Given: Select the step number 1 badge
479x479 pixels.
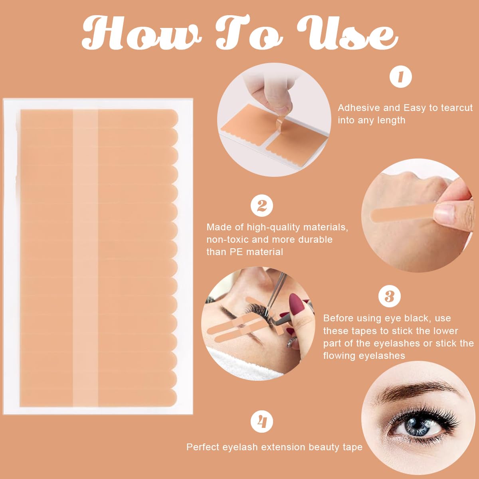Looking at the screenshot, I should click(x=400, y=77).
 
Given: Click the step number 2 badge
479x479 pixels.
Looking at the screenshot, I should click(x=261, y=206).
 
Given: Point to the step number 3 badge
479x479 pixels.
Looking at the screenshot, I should click(x=389, y=297).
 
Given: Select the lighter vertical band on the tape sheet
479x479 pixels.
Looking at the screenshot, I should click(x=85, y=255).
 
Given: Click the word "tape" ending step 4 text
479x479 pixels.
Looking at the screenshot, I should click(x=352, y=447).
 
